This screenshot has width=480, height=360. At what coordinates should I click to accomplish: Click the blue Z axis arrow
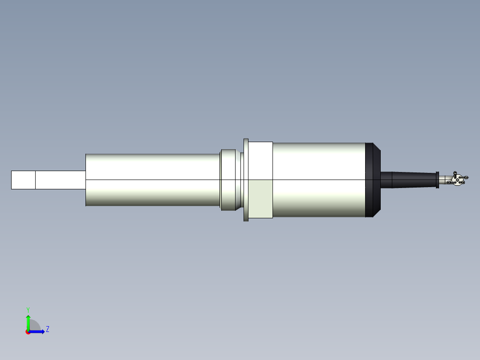38,331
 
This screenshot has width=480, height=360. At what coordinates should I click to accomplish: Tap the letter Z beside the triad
47,329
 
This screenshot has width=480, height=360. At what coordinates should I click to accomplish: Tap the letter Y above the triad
28,309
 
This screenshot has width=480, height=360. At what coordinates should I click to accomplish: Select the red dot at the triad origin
28,332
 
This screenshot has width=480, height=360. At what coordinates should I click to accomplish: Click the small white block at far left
23,180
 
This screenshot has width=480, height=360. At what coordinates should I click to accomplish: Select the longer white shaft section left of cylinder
60,180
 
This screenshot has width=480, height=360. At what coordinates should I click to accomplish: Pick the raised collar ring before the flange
228,180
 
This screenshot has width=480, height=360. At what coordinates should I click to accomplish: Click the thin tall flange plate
246,180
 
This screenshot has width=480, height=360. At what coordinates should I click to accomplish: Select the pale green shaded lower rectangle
260,199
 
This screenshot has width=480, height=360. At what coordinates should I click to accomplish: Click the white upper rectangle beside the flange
260,160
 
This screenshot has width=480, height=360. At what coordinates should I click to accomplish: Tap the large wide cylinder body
318,180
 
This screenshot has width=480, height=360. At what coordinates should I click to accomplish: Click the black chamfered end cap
372,180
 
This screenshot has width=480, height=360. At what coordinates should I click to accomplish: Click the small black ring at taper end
437,180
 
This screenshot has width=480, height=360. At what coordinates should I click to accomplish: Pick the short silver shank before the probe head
444,180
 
